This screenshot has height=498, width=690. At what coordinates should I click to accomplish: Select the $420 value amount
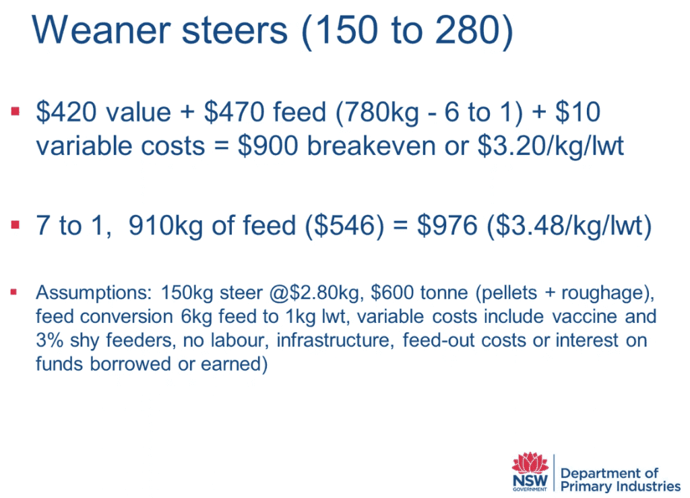[66, 111]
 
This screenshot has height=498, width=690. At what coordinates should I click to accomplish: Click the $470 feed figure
[234, 111]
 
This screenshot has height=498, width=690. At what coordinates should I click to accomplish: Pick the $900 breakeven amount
[268, 146]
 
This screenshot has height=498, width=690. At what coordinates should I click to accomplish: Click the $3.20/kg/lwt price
[551, 146]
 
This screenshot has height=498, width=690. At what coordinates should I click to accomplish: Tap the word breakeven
[371, 146]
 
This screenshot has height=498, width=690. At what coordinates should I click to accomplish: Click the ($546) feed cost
[344, 226]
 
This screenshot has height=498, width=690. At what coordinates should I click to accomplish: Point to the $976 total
[447, 225]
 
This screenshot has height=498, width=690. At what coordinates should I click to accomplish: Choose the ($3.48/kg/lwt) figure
[569, 226]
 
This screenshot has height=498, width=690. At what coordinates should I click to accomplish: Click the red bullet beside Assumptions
[14, 292]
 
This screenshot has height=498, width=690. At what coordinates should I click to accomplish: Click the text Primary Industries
[621, 487]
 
